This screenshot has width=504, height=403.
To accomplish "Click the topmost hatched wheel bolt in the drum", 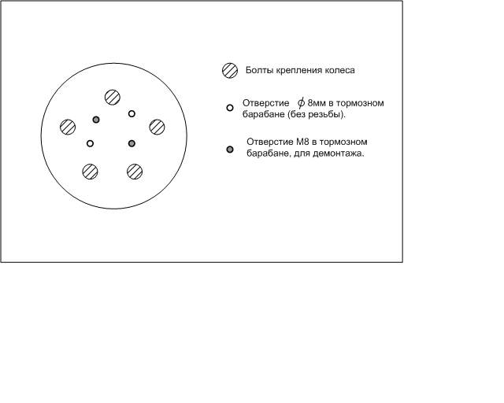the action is click(x=113, y=97).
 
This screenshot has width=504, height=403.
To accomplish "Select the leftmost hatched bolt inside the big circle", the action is click(x=68, y=127).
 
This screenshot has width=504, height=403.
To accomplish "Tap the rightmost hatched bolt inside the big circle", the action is click(x=157, y=127).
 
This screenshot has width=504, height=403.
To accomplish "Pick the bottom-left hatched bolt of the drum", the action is click(x=90, y=172).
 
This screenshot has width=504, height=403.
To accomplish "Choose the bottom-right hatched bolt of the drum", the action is click(x=135, y=172).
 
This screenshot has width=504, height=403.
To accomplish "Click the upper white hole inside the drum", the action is click(x=132, y=113).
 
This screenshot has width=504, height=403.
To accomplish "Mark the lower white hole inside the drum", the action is click(x=90, y=143).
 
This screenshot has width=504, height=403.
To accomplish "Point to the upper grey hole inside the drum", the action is click(x=96, y=120).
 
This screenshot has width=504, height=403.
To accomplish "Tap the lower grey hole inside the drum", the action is click(x=132, y=143).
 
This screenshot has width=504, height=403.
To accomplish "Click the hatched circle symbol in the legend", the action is click(x=230, y=70).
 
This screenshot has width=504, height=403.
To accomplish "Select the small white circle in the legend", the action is click(x=230, y=108).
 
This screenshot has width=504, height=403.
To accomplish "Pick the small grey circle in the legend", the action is click(x=230, y=149).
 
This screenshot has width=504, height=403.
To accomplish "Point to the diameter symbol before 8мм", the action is click(x=301, y=103).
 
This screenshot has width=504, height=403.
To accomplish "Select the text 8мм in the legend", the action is click(x=317, y=103).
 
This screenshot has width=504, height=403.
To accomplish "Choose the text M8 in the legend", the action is click(x=302, y=142).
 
